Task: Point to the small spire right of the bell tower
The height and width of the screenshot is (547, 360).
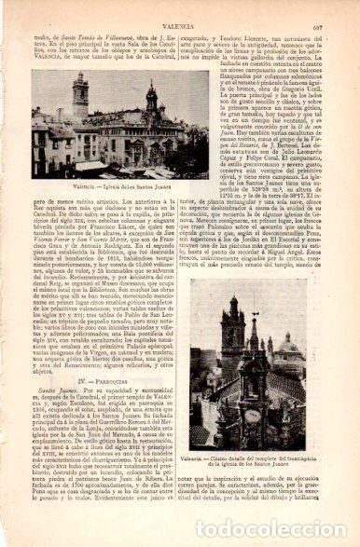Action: click(x=149, y=103)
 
